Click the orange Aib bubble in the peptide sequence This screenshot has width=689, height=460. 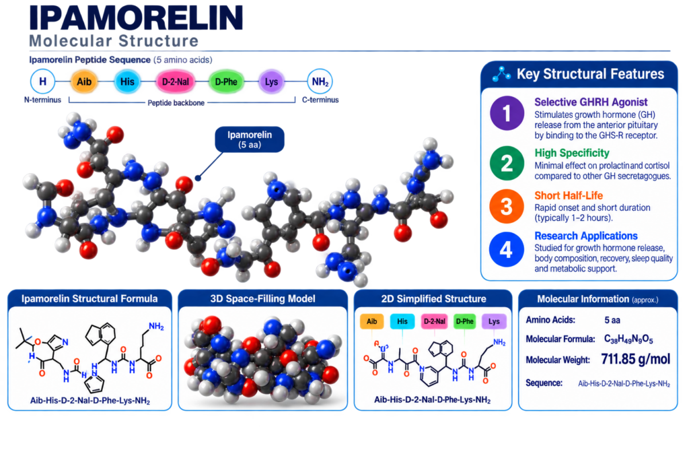[84, 81]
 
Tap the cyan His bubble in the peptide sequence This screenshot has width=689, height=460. [127, 81]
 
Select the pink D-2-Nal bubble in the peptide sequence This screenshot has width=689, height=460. [176, 81]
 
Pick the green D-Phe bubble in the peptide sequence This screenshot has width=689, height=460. [226, 81]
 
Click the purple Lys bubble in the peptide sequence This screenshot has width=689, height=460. [271, 81]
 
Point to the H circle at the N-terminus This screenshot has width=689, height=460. [42, 81]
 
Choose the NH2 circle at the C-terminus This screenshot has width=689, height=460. [320, 81]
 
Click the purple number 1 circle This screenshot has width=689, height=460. [507, 113]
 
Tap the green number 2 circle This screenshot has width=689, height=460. [507, 163]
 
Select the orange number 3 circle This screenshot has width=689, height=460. [507, 206]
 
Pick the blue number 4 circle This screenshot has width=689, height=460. [506, 249]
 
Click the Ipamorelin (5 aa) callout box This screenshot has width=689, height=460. [250, 140]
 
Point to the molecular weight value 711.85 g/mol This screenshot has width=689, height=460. [635, 359]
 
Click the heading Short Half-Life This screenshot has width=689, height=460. [569, 195]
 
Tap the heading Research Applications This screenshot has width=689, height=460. [586, 236]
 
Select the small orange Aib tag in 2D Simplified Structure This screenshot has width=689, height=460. [371, 321]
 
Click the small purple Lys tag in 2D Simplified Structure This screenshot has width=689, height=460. [494, 321]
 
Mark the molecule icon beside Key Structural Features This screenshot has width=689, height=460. [501, 74]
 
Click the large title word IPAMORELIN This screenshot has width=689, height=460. [136, 18]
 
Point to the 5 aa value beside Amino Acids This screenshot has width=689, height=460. [612, 320]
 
